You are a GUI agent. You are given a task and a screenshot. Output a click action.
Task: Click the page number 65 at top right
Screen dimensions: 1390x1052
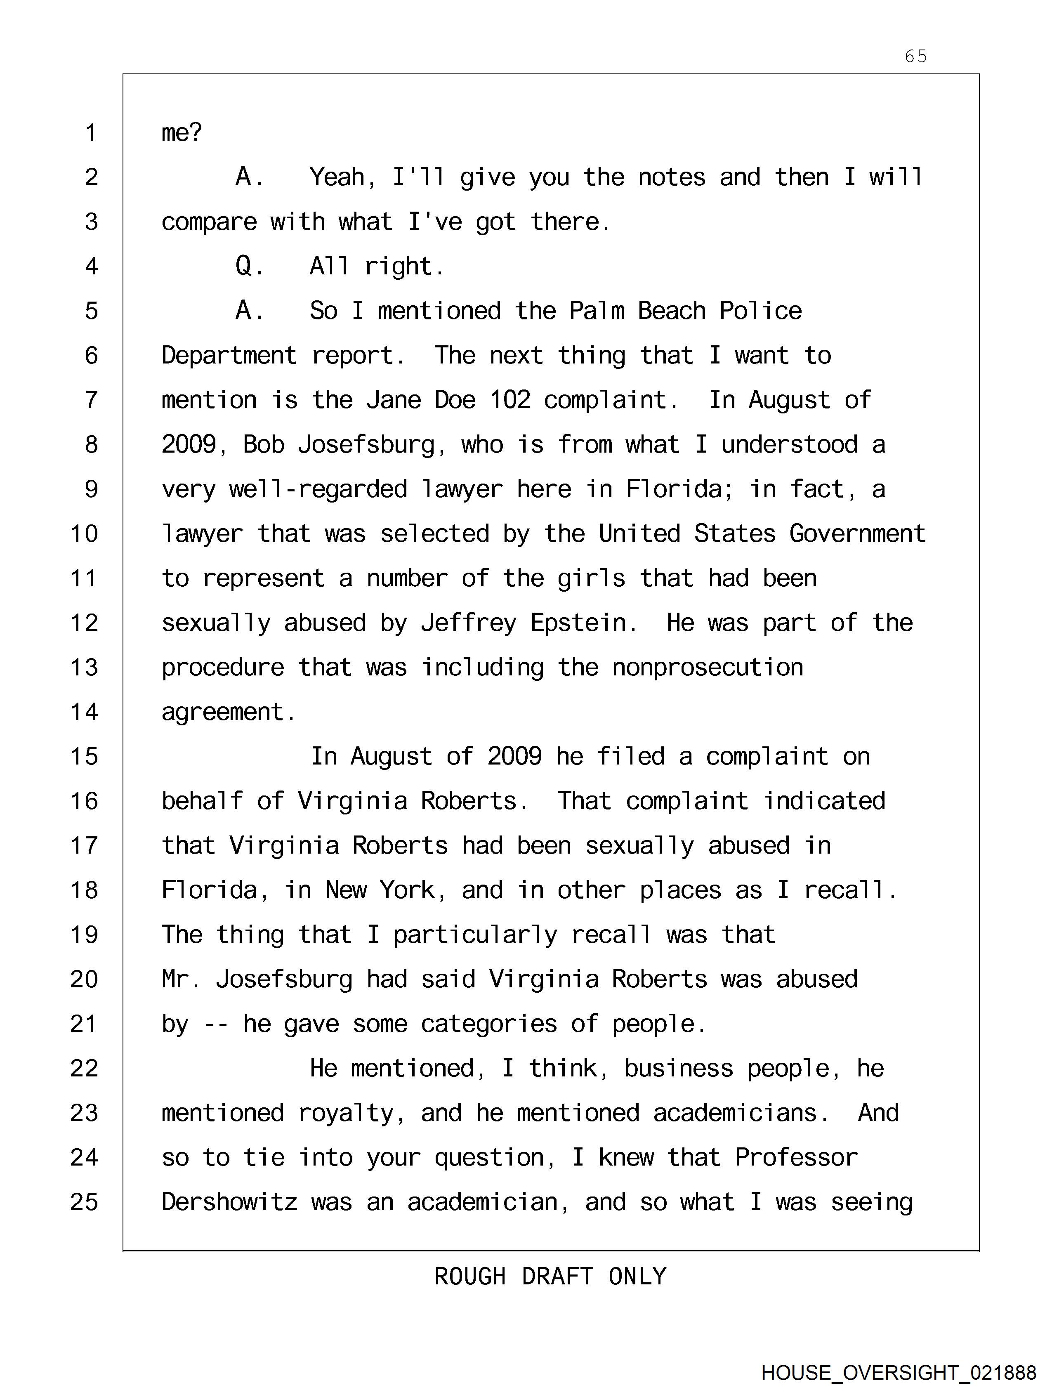pyautogui.click(x=915, y=57)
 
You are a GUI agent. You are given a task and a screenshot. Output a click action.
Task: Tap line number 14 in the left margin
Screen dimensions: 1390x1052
pyautogui.click(x=84, y=712)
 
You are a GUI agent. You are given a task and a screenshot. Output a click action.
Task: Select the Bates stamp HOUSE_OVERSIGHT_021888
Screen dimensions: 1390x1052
pyautogui.click(x=899, y=1372)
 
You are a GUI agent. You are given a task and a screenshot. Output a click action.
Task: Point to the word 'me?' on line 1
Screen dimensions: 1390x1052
pyautogui.click(x=182, y=132)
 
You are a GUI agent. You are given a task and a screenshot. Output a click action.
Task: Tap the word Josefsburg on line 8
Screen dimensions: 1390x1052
pyautogui.click(x=366, y=445)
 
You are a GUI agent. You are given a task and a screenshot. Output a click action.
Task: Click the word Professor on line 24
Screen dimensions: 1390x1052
pyautogui.click(x=796, y=1157)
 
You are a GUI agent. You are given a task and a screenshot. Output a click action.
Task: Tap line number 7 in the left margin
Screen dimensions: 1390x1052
pyautogui.click(x=91, y=400)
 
